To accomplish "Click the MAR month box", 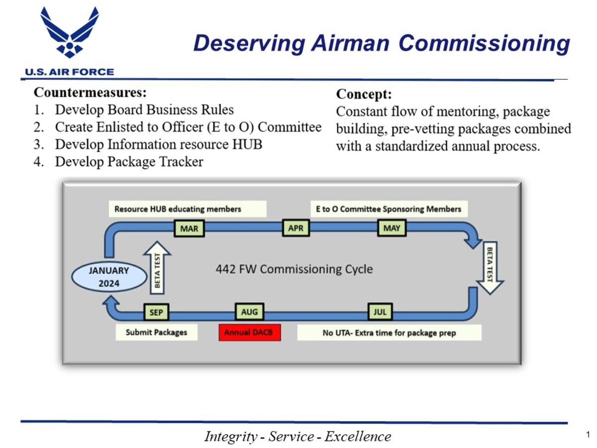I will (189, 228).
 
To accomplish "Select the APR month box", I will (296, 228).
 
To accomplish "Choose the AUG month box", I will (249, 312).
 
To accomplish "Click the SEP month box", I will (156, 313).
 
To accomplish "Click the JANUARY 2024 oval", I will (108, 277).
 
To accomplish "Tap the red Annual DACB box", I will (250, 333).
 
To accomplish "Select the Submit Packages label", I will (156, 333).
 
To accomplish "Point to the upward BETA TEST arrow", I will (157, 268).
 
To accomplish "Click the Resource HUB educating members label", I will (188, 209).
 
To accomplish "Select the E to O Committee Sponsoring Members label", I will (389, 209).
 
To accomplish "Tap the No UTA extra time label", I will (389, 333).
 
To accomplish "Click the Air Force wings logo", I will (70, 32).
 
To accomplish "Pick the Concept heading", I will (364, 94).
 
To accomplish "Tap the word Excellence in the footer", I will (358, 437).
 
